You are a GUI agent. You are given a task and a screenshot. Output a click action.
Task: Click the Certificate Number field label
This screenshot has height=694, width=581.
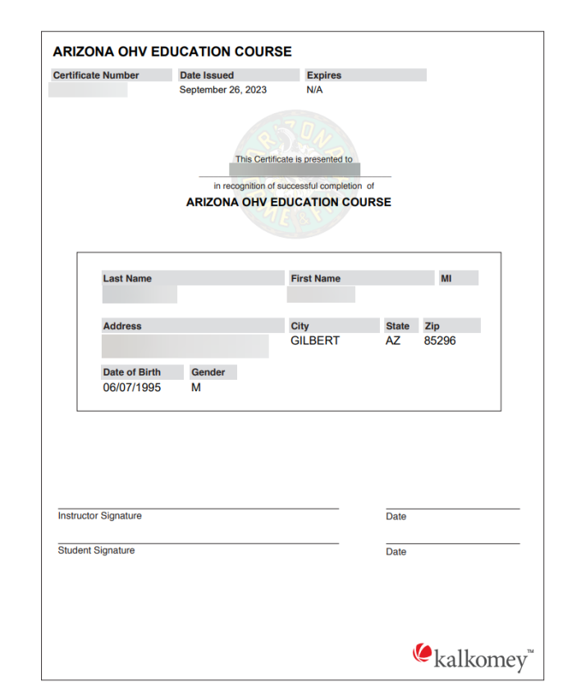[x=96, y=75]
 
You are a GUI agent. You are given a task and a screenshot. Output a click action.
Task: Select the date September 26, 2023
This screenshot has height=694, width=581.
[x=222, y=90]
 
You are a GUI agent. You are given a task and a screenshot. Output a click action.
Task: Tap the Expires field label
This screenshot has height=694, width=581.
[x=323, y=75]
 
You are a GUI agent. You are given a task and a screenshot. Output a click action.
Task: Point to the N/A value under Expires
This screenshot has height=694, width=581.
[x=314, y=90]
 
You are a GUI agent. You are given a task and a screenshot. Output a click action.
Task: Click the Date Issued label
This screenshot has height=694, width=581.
[x=207, y=75]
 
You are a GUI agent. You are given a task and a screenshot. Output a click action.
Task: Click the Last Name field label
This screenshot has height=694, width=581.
[x=127, y=279]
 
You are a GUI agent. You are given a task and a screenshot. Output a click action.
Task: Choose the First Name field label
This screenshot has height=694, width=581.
[x=315, y=279]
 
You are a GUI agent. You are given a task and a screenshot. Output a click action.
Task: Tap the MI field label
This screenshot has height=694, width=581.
[x=446, y=279]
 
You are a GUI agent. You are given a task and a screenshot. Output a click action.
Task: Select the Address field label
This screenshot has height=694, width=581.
[x=122, y=326]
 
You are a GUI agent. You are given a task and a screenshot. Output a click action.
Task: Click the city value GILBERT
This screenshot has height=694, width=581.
[x=315, y=341]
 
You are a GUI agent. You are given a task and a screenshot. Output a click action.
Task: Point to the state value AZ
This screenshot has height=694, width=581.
[x=393, y=341]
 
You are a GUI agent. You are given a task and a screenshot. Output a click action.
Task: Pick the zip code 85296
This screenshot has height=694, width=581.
[x=440, y=341]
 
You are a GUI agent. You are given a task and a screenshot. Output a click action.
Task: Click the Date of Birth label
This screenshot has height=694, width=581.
[x=132, y=372]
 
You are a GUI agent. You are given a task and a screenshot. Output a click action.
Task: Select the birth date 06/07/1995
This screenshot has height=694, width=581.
[x=132, y=388]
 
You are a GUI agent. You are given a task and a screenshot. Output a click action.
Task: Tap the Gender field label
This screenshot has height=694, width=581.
[x=208, y=372]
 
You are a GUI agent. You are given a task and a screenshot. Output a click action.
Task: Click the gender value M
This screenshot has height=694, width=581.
[x=196, y=388]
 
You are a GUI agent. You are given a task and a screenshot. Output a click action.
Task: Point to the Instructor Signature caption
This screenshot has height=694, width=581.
[x=99, y=516]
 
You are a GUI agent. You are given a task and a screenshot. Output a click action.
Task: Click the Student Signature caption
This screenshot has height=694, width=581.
[x=96, y=550]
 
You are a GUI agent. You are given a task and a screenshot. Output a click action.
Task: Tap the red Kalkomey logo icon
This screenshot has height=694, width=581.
[x=422, y=652]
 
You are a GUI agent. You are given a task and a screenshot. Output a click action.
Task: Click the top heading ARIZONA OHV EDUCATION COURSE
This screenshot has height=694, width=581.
[x=172, y=52]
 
